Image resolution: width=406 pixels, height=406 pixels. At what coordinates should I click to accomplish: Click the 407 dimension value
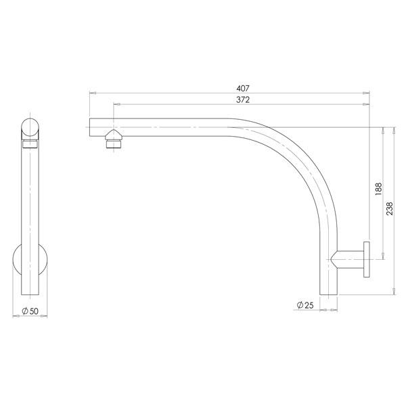point(230,87)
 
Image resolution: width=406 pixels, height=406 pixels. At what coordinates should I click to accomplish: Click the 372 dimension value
point(230,99)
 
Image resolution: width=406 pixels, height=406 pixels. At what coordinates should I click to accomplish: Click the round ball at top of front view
point(31,128)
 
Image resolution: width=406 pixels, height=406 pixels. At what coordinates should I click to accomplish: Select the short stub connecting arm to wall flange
point(351,259)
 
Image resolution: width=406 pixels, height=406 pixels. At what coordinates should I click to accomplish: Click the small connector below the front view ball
point(31,144)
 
